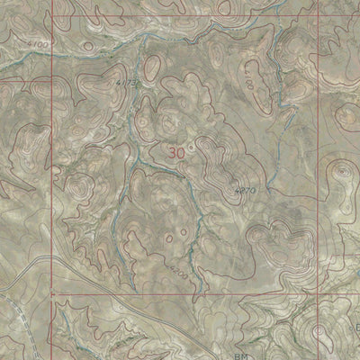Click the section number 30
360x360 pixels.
[x=176, y=153]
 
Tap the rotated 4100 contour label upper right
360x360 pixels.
[x=247, y=85]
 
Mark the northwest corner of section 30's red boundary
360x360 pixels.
[x=52, y=79]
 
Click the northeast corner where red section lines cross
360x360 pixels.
[x=319, y=79]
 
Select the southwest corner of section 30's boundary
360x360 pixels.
[x=52, y=293]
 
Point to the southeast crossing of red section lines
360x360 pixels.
[x=319, y=293]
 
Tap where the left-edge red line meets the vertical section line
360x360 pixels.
[x=52, y=79]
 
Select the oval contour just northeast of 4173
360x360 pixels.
[x=153, y=65]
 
